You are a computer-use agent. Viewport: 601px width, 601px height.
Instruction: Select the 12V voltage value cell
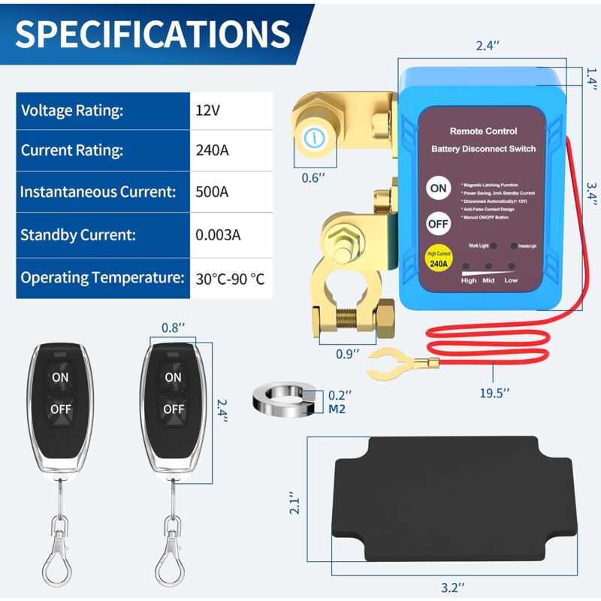207,110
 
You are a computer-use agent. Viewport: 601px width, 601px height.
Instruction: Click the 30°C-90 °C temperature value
230,277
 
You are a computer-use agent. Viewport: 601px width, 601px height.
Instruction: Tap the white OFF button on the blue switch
438,224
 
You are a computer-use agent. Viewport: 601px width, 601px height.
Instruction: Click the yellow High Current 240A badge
438,259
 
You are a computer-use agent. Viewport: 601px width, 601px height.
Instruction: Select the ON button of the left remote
61,376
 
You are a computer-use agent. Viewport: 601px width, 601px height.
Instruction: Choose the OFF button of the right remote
174,409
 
